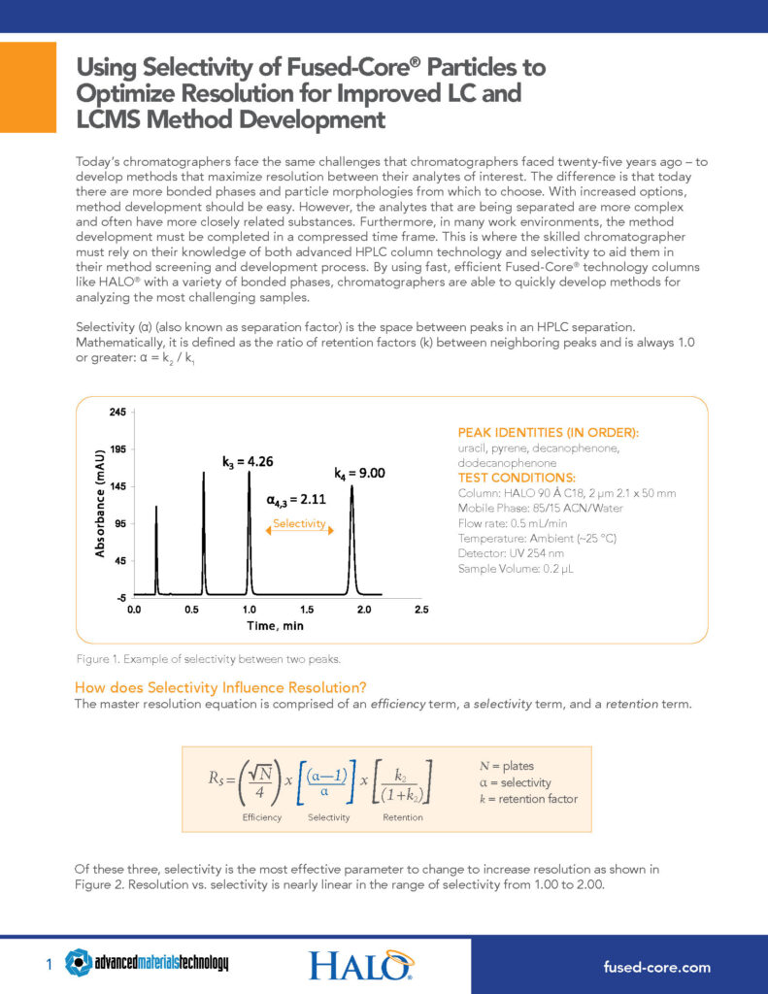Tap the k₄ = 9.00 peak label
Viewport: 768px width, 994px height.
pyautogui.click(x=360, y=473)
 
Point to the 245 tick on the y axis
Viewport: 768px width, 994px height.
pyautogui.click(x=116, y=413)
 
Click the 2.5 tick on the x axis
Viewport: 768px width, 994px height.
pyautogui.click(x=421, y=610)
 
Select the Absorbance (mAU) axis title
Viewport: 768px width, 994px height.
pyautogui.click(x=99, y=502)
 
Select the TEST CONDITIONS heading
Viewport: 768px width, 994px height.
pyautogui.click(x=516, y=478)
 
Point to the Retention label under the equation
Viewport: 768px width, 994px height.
pyautogui.click(x=403, y=817)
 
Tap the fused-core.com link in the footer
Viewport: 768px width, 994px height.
pyautogui.click(x=656, y=967)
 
